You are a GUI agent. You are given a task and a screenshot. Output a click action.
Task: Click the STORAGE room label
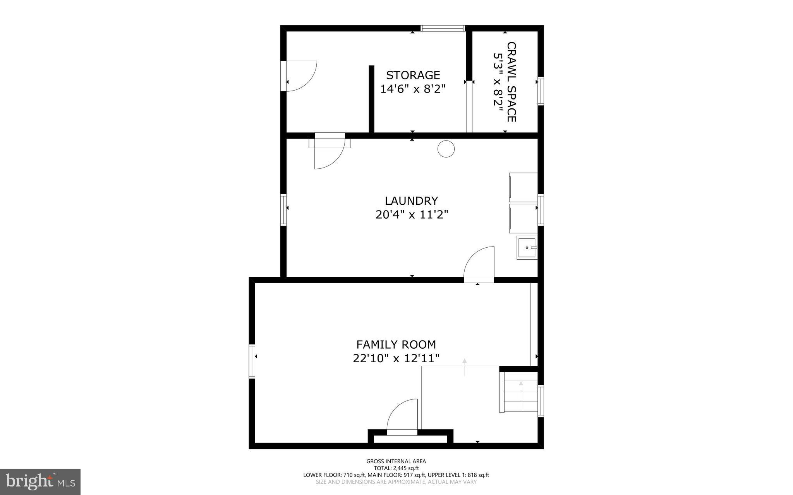pos(413,75)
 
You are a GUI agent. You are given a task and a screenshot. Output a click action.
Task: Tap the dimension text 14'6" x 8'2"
pos(413,89)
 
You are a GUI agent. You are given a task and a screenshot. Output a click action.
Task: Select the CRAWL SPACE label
pos(512,82)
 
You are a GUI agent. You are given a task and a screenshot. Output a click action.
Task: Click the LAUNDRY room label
pos(411,200)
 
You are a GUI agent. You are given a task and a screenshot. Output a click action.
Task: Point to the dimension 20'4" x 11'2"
pos(412,214)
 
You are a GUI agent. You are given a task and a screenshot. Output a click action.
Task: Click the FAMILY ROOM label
pos(396,344)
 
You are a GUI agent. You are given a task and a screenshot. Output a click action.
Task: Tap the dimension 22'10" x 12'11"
pos(396,358)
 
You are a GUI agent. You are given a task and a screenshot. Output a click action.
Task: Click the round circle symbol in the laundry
pos(446,149)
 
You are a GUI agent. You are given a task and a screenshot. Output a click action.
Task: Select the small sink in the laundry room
pos(527,248)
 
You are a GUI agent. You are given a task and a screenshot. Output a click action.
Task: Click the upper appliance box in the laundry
pos(523,187)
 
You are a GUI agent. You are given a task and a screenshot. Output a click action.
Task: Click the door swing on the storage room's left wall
pos(300,76)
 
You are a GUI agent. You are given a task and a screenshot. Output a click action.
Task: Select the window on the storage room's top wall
pos(443,28)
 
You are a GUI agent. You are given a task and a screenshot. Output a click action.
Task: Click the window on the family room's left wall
pos(252,361)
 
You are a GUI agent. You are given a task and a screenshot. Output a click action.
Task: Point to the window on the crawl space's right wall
pos(541,91)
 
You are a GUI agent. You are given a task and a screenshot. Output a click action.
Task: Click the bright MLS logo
pos(40,481)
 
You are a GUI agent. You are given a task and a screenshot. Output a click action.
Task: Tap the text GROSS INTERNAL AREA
pos(396,461)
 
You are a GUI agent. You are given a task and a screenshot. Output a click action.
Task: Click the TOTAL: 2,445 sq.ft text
pos(396,468)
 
